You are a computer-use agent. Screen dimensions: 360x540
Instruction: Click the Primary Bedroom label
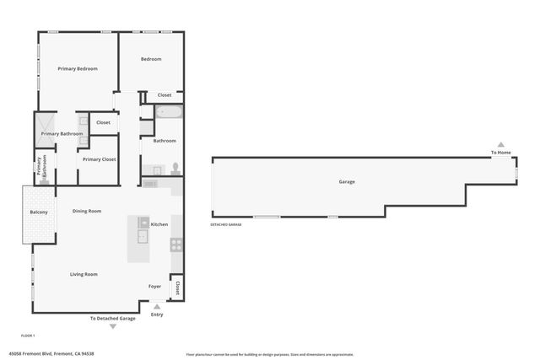point(78,68)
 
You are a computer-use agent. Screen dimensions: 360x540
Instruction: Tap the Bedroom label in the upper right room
point(151,59)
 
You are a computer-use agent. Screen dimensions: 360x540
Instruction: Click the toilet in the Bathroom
point(175,167)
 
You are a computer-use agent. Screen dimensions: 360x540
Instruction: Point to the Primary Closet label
point(99,159)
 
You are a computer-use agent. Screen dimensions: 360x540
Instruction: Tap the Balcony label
point(39,212)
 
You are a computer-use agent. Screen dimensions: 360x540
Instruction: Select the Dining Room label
point(87,211)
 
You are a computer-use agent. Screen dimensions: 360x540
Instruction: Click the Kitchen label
point(159,224)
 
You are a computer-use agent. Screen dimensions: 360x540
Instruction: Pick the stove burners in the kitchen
point(176,244)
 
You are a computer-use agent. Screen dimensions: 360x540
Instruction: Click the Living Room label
point(84,274)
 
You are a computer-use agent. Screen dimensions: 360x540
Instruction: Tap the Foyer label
point(155,286)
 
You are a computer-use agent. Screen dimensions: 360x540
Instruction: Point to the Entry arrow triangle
point(157,307)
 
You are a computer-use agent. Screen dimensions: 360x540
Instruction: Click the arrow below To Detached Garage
point(113,326)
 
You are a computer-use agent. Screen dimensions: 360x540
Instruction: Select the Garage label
point(347,181)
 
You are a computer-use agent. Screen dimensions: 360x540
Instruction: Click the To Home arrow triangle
point(500,144)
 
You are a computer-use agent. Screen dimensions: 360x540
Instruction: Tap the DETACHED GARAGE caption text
point(226,225)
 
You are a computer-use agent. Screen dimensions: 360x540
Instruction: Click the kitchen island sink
point(142,236)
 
